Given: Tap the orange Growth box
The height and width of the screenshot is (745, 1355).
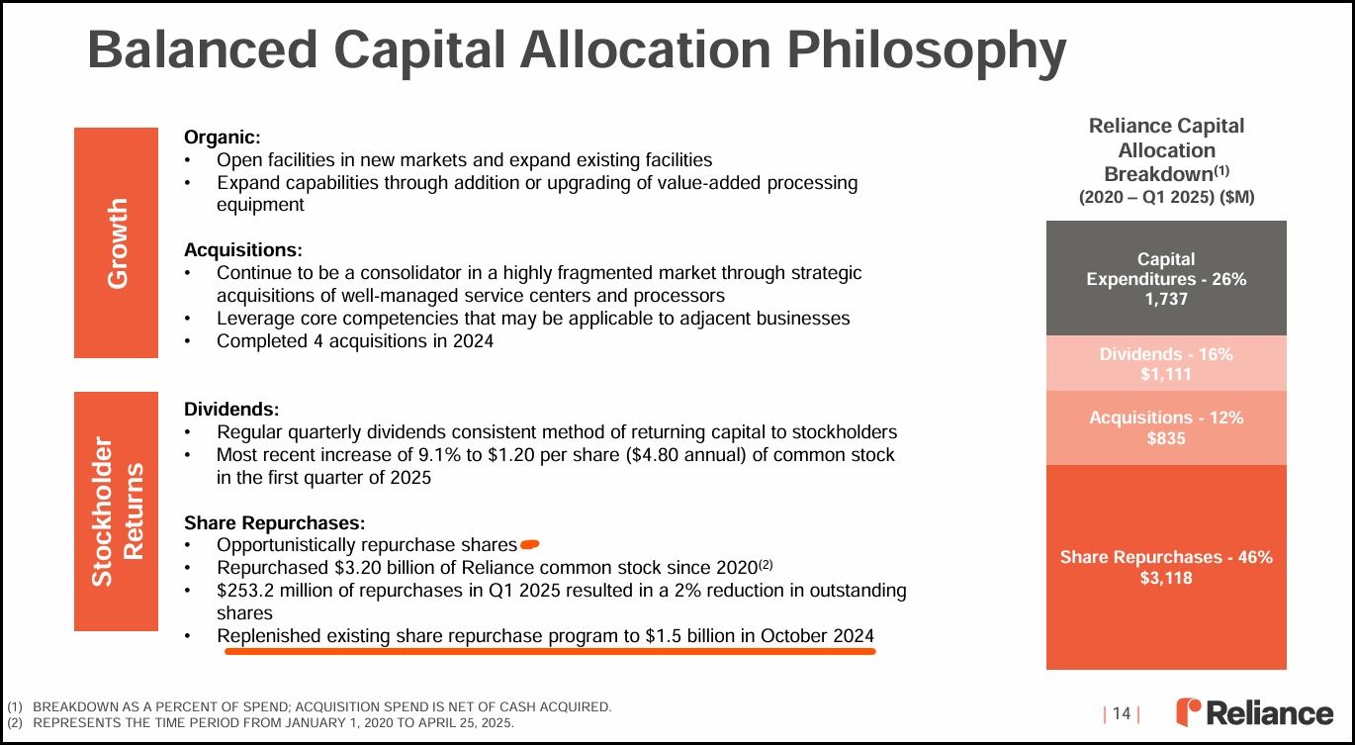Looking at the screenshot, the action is tap(116, 242).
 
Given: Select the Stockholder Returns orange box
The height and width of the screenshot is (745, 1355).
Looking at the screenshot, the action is tap(116, 512).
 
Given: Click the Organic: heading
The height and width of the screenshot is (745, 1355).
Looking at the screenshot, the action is tap(222, 138).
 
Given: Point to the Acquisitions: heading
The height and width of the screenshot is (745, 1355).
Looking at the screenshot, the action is tap(243, 250).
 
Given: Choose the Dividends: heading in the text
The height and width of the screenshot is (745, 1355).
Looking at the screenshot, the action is tap(231, 410).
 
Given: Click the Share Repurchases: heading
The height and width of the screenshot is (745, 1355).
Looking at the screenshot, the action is tap(275, 523).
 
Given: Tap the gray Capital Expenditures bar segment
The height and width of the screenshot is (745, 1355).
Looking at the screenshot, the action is tap(1166, 278).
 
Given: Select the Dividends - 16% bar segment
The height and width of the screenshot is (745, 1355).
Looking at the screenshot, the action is tap(1166, 363).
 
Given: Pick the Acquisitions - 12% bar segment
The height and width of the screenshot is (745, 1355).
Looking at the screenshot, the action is tap(1166, 427).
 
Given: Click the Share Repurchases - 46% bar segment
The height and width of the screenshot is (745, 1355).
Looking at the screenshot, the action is tap(1166, 567).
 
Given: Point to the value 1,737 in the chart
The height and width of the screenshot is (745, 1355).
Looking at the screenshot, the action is tap(1166, 299).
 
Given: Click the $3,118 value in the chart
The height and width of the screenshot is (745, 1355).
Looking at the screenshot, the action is tap(1166, 578).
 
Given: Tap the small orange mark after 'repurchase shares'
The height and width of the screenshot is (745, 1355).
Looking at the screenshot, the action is tap(529, 545).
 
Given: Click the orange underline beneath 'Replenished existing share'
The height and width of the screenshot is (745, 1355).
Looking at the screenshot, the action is tap(550, 652).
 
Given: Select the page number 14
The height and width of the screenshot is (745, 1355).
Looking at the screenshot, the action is tap(1122, 714).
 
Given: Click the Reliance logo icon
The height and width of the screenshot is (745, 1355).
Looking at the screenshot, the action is tap(1188, 712).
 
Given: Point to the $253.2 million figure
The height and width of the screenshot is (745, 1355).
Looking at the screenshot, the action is tap(270, 591).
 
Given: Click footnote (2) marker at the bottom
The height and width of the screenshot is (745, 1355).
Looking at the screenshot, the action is tap(15, 722).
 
